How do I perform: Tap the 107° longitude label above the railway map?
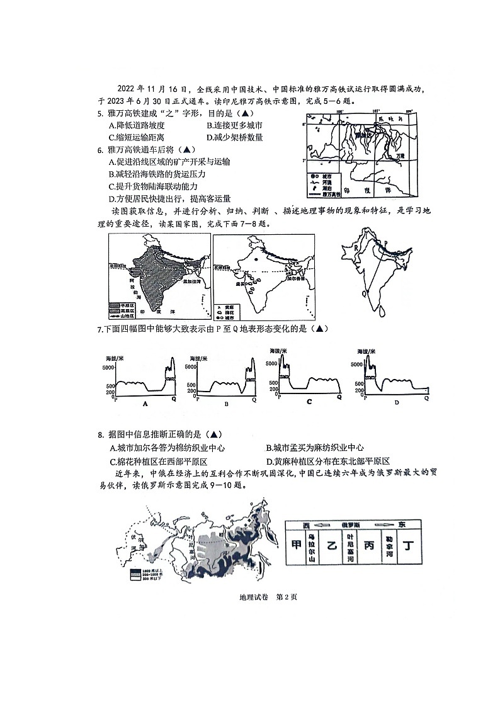[376, 111]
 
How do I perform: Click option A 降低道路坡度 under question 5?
[136, 125]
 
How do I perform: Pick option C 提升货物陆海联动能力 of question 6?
[152, 186]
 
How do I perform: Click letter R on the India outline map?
[356, 248]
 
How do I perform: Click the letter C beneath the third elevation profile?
[309, 400]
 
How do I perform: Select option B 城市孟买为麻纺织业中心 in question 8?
[315, 448]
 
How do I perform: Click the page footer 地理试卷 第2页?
[250, 597]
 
